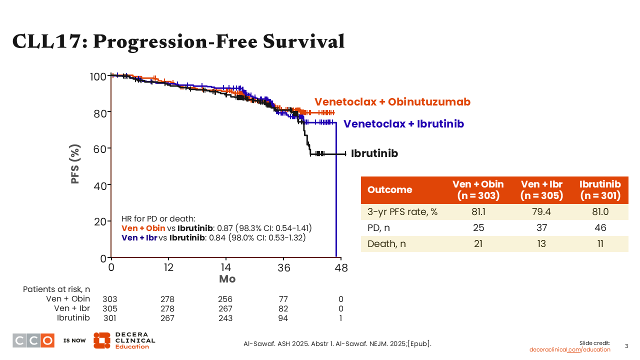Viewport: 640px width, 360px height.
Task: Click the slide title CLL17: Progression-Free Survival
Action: [x=178, y=41]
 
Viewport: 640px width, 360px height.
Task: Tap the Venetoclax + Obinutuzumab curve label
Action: [x=392, y=102]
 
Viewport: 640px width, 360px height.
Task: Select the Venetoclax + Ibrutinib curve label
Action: [x=403, y=124]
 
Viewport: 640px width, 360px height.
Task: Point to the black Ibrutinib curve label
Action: [x=374, y=153]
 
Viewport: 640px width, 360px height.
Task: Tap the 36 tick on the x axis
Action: [x=284, y=268]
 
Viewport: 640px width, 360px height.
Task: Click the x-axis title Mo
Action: [x=227, y=279]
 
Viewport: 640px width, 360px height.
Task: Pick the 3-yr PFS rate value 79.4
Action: [x=541, y=211]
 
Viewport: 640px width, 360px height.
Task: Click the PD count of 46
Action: [x=600, y=227]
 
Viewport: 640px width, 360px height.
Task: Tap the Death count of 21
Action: [x=478, y=244]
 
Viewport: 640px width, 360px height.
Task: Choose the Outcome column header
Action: [x=390, y=190]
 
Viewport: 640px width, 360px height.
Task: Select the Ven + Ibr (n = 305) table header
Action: [x=541, y=190]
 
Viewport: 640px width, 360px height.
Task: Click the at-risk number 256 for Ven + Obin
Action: [x=225, y=299]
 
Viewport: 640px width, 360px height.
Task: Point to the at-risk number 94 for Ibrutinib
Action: [x=282, y=318]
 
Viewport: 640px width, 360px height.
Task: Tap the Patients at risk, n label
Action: [x=56, y=290]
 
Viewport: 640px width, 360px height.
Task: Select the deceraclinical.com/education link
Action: [x=570, y=349]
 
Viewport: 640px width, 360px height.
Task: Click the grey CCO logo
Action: [x=33, y=340]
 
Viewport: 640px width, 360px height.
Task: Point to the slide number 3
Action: [x=627, y=346]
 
